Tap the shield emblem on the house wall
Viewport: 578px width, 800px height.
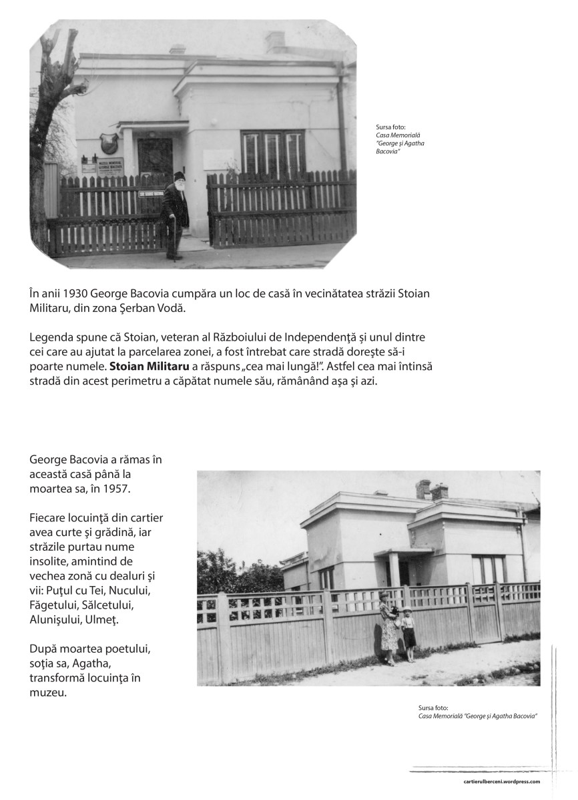click(x=109, y=143)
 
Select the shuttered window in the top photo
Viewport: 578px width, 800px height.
click(x=272, y=152)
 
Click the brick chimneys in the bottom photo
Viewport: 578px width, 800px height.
click(x=431, y=491)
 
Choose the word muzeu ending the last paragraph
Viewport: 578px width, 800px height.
click(x=48, y=692)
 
